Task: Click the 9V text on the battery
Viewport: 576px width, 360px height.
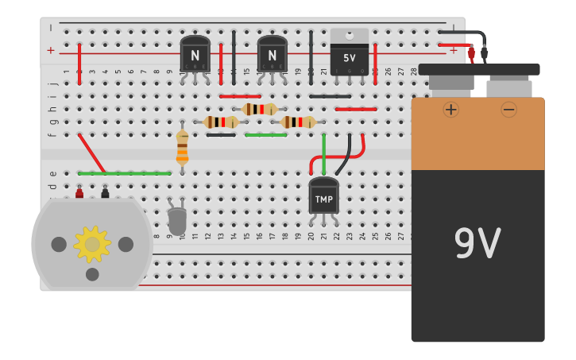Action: (477, 243)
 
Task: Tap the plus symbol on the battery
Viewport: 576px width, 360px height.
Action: (450, 109)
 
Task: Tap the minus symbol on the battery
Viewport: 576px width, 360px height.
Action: (508, 109)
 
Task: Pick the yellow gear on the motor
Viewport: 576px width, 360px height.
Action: (92, 244)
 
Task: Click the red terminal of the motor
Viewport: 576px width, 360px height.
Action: (79, 193)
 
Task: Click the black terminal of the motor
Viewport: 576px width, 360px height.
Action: (105, 193)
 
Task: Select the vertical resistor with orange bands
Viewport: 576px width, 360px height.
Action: (182, 148)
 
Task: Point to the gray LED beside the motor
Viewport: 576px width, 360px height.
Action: (177, 219)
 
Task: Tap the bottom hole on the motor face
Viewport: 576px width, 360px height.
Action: (92, 274)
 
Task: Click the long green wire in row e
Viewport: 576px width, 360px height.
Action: (125, 173)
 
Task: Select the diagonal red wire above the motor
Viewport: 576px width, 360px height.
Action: (91, 153)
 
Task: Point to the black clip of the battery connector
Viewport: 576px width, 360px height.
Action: (484, 52)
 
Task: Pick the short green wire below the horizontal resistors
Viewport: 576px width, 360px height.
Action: (265, 135)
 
